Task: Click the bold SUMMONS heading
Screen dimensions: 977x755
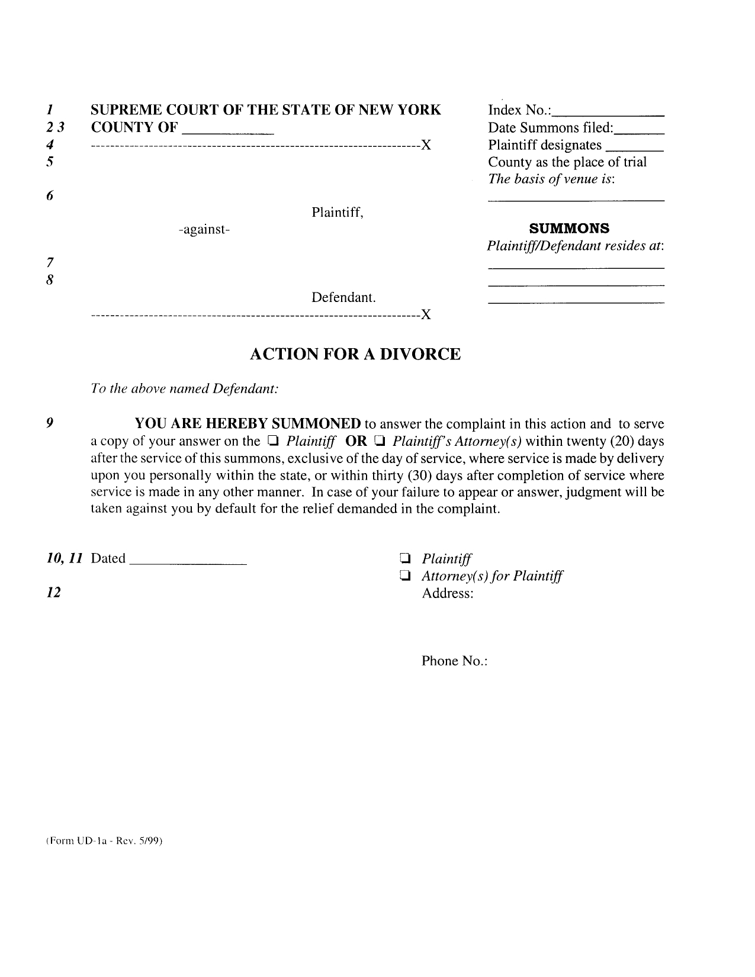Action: coord(569,229)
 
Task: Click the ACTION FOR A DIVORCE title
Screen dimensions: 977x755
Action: coord(355,354)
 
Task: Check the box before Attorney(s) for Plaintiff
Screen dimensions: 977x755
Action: coord(406,576)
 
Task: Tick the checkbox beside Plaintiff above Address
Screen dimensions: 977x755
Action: coord(406,558)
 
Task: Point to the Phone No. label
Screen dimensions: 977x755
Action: coord(454,661)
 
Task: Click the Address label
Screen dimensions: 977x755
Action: coord(447,593)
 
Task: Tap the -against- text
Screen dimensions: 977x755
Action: coord(204,229)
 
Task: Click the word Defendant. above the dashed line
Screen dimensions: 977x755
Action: coord(343,297)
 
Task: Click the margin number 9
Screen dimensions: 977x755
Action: coord(50,423)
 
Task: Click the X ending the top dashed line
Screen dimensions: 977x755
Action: coord(425,145)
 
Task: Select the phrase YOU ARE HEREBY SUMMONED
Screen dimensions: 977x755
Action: coord(248,423)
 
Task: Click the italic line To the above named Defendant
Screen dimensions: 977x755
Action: coord(184,389)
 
